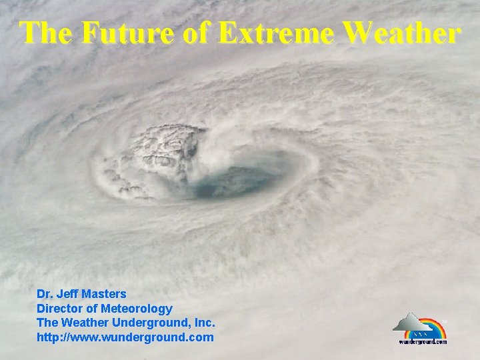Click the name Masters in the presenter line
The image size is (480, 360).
click(103, 293)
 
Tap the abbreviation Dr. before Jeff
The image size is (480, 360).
click(45, 293)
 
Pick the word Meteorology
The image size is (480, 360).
click(136, 308)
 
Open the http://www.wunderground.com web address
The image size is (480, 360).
click(125, 337)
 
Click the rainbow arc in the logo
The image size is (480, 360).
click(433, 323)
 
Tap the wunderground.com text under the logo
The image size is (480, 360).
click(423, 341)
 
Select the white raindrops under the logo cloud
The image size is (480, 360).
click(420, 334)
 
